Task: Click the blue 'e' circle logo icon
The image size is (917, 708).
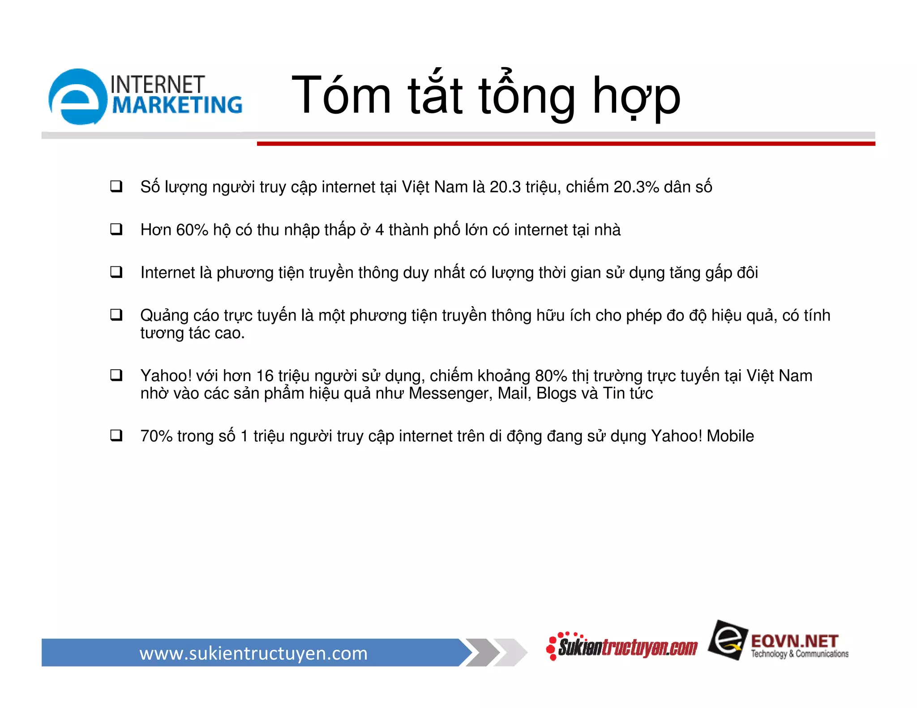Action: [78, 97]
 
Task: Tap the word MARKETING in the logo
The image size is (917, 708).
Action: [177, 106]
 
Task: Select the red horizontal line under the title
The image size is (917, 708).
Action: [566, 144]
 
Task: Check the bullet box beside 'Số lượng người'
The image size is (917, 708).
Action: [116, 186]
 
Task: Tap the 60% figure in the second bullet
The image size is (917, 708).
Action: [192, 230]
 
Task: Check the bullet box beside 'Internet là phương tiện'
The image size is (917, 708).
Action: [116, 272]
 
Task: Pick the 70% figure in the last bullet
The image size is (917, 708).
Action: [156, 436]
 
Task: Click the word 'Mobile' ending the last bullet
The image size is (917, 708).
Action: [730, 436]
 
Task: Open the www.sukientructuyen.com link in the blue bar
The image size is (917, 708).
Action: [253, 653]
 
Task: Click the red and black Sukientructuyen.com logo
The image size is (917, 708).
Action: [623, 647]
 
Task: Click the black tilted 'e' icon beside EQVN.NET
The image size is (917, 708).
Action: [727, 640]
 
